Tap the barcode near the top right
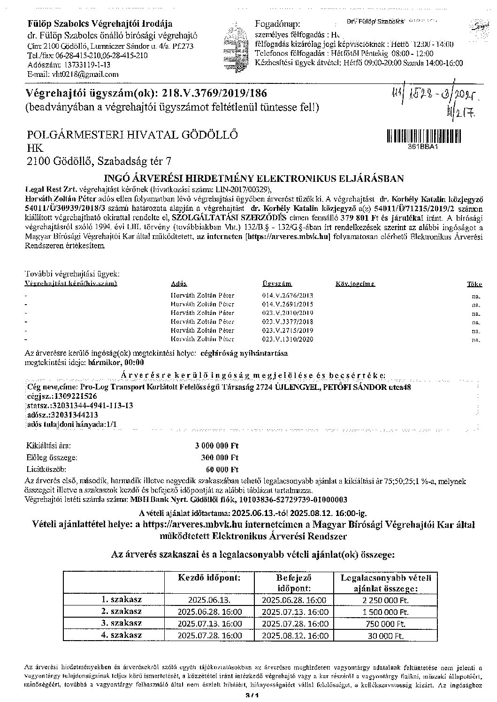pyautogui.click(x=424, y=135)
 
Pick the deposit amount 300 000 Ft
pyautogui.click(x=219, y=457)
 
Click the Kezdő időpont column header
pyautogui.click(x=209, y=577)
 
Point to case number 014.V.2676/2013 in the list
pyautogui.click(x=287, y=296)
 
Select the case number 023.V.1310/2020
pyautogui.click(x=287, y=339)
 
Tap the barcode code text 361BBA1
pyautogui.click(x=424, y=146)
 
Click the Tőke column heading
pyautogui.click(x=474, y=284)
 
